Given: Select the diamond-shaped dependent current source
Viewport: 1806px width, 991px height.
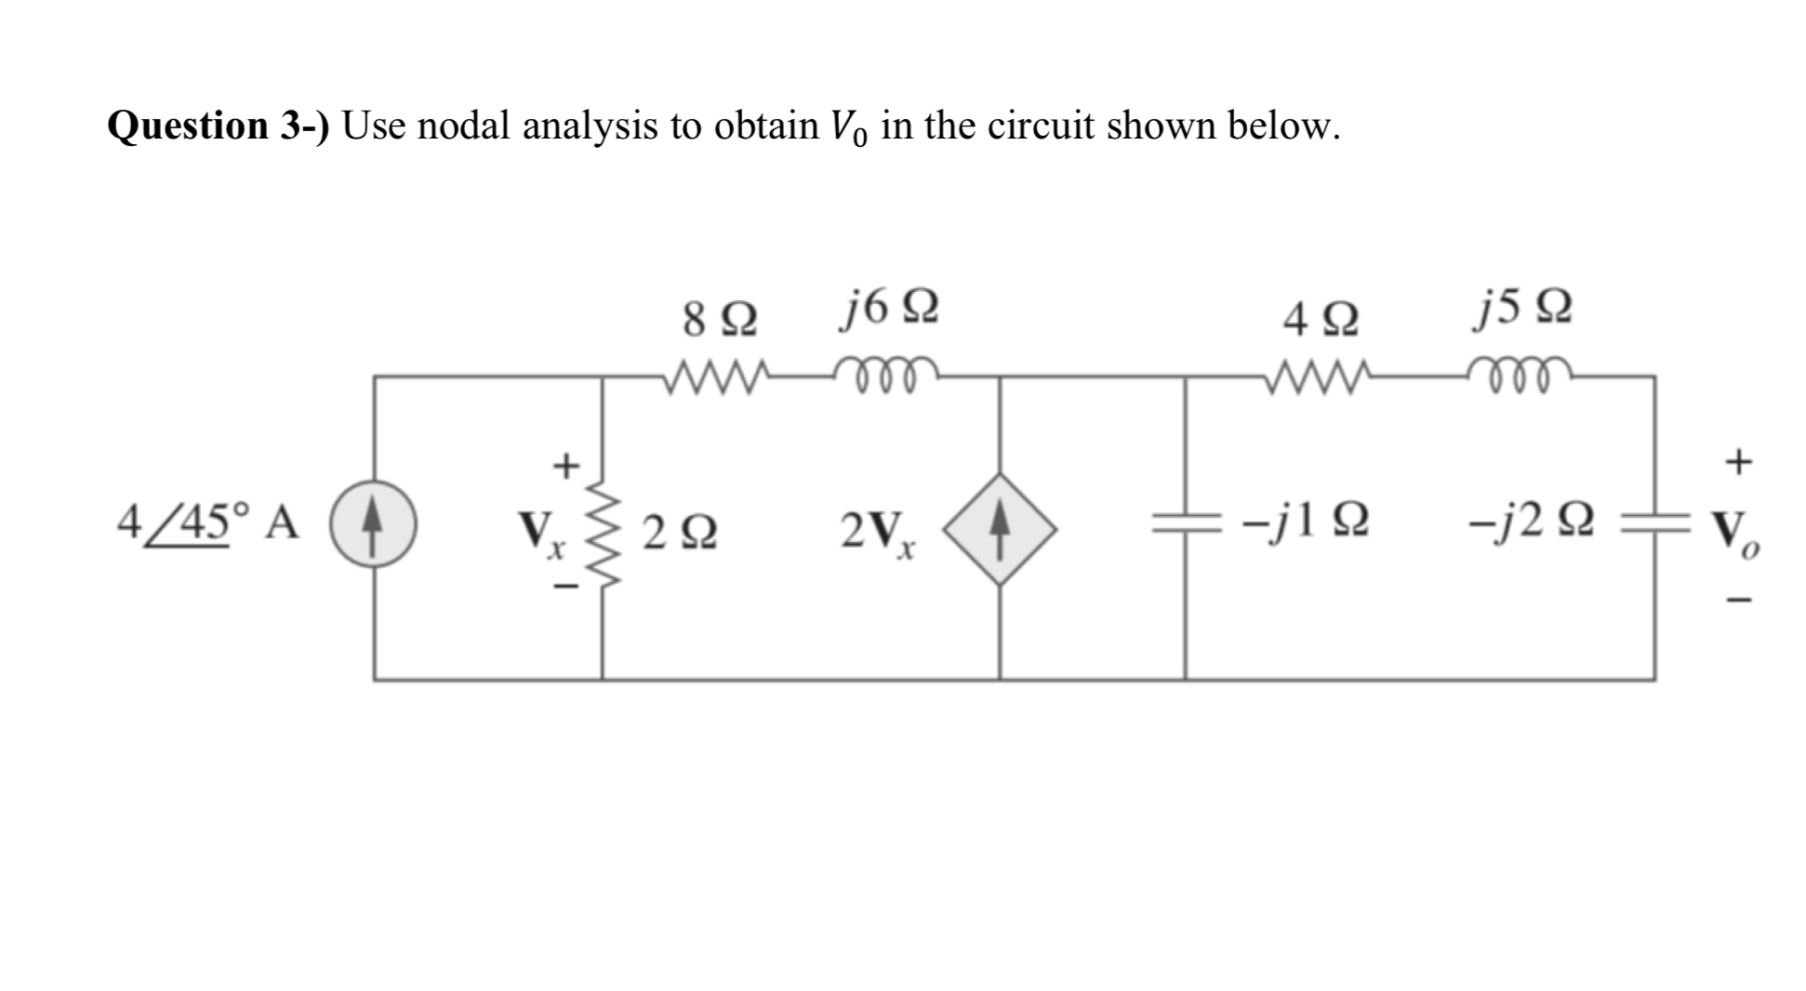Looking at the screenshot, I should pyautogui.click(x=1000, y=528).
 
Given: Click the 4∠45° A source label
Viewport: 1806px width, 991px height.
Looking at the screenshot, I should pyautogui.click(x=208, y=522).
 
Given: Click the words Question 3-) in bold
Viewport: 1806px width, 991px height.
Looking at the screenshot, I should pyautogui.click(x=219, y=126).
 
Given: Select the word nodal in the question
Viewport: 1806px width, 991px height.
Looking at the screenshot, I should pyautogui.click(x=464, y=126).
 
